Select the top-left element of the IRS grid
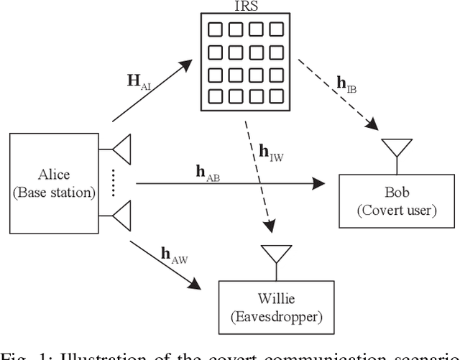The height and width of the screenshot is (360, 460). click(x=213, y=29)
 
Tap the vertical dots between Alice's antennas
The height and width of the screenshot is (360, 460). click(x=112, y=183)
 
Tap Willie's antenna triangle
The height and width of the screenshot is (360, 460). click(x=276, y=254)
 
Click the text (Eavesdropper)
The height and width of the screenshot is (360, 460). click(x=275, y=316)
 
